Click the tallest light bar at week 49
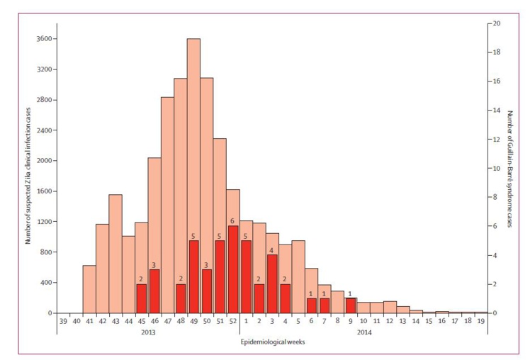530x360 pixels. point(193,142)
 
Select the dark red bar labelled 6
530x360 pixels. point(233,269)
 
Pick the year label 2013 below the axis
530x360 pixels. point(147,332)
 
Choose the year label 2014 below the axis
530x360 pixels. point(364,332)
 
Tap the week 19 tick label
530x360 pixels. point(482,321)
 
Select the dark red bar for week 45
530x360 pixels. point(141,298)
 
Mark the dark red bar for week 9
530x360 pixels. point(350,305)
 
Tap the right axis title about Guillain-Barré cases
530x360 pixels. point(509,169)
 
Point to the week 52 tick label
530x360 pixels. point(233,321)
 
